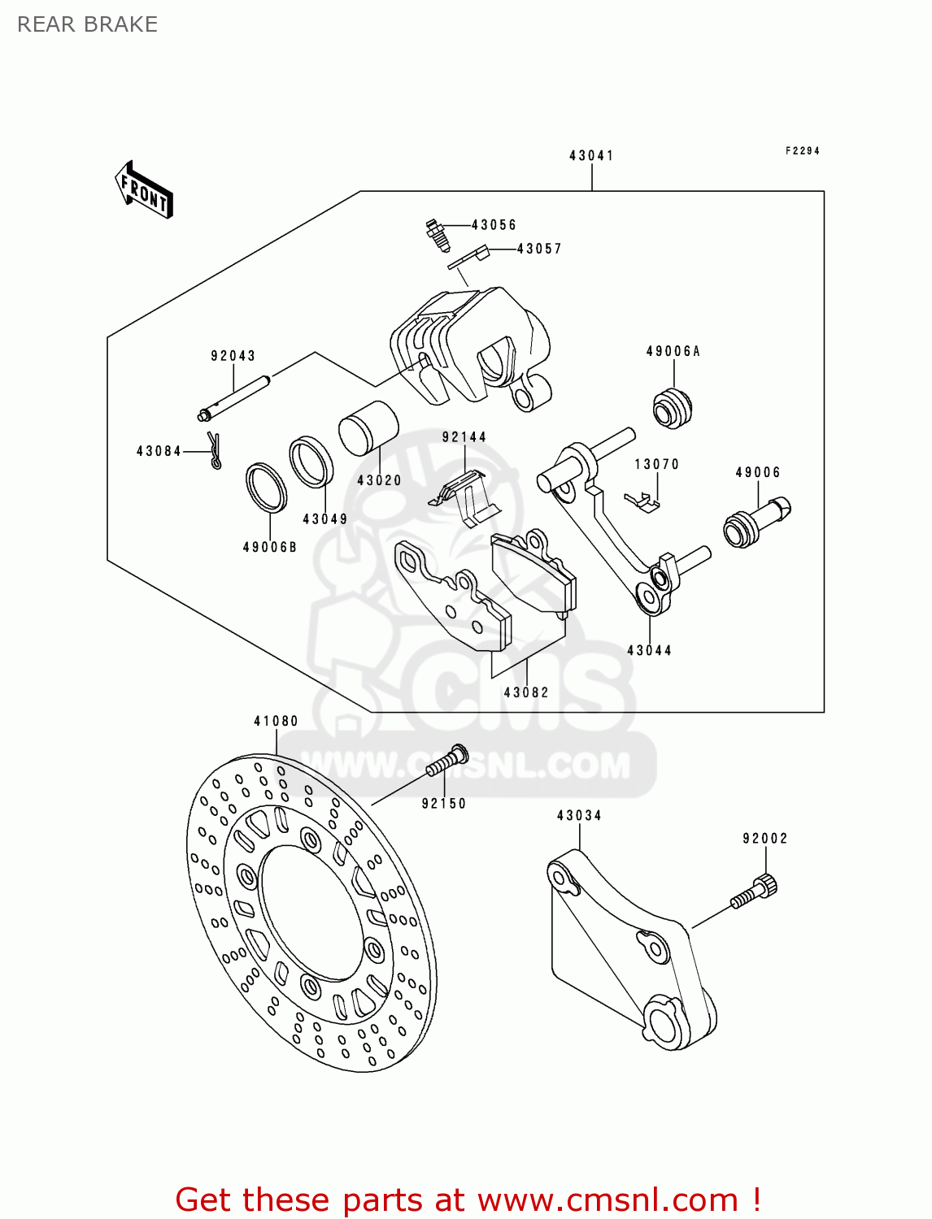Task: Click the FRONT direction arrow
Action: (x=144, y=190)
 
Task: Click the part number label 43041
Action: (x=591, y=155)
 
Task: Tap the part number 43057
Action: (x=539, y=249)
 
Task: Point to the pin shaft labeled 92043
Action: (x=235, y=397)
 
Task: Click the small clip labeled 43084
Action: (x=215, y=451)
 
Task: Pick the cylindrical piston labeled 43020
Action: (x=368, y=428)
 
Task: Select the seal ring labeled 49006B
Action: (x=266, y=488)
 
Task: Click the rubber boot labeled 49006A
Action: (x=673, y=408)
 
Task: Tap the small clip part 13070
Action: (x=642, y=504)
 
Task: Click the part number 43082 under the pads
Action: (x=526, y=692)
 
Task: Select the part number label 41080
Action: (x=276, y=721)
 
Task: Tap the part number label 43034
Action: (x=579, y=815)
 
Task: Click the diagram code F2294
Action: (x=802, y=151)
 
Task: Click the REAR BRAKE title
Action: (x=88, y=24)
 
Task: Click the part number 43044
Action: (x=649, y=650)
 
